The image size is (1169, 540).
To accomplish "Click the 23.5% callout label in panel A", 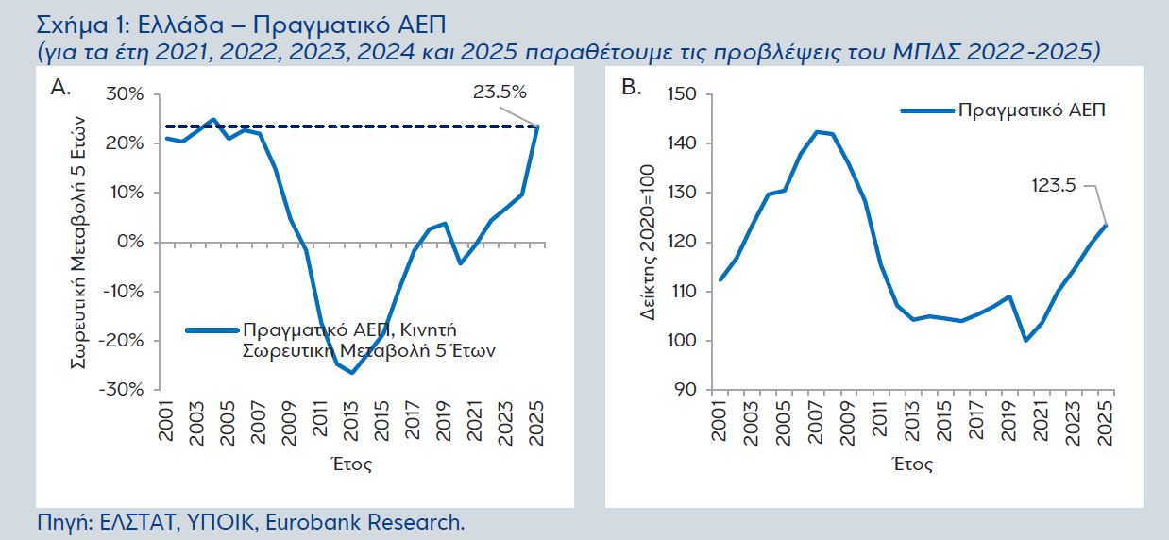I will [499, 92].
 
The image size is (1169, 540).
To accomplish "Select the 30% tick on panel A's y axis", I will [125, 94].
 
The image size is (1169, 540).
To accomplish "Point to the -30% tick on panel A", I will [122, 389].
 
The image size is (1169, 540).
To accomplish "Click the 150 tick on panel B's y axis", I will [682, 94].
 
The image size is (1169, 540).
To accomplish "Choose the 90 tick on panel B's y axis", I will [686, 389].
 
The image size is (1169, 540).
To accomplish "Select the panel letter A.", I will [61, 88].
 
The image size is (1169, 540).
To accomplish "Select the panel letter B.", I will [631, 88].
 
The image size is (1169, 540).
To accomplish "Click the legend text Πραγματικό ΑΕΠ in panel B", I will [1031, 110].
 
